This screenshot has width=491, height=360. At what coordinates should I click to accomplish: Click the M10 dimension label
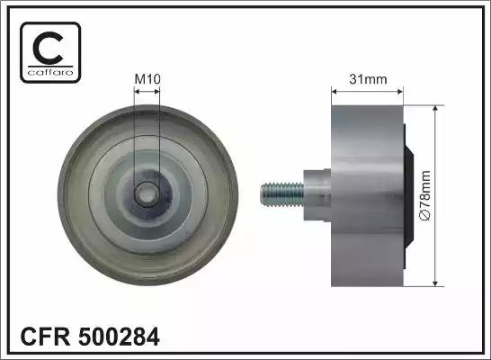coord(147,79)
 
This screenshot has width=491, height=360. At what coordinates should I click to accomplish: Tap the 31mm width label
coord(368,79)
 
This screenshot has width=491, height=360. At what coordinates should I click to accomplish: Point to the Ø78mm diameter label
coord(426,196)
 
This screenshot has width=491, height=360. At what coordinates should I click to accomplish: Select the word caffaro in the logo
coord(50,73)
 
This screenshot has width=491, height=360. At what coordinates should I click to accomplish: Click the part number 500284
coord(120,337)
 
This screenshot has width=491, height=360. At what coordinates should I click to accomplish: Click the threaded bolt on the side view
coord(281,195)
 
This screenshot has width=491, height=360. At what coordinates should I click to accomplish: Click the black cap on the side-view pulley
coord(408,196)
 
